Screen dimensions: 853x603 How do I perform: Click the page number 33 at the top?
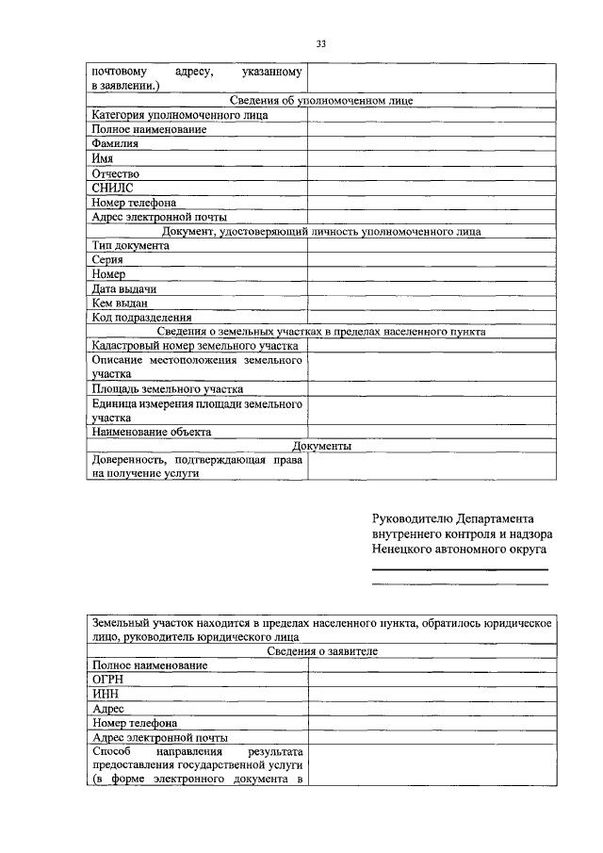(x=320, y=43)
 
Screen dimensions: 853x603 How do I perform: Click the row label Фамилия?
(x=115, y=144)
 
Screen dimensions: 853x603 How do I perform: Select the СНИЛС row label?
(x=112, y=188)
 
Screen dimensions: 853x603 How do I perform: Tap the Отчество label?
(x=115, y=173)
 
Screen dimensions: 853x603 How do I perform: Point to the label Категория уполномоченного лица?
(x=180, y=115)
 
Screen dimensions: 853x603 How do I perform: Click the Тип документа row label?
(x=130, y=245)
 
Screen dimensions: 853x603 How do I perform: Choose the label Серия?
(x=107, y=259)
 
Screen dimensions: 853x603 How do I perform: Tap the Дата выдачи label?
(x=123, y=288)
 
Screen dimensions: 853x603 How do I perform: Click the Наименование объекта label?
(x=151, y=432)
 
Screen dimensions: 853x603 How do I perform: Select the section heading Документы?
(x=321, y=446)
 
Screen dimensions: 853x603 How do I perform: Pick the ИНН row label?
(x=106, y=694)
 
